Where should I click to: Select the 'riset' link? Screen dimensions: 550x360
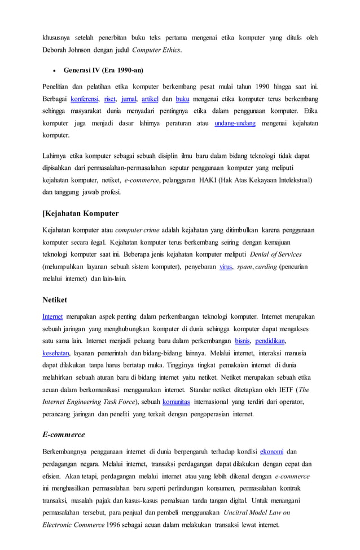[x=109, y=98]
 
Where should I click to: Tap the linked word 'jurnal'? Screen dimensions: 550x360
[x=128, y=98]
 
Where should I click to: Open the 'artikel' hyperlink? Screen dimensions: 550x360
[x=150, y=98]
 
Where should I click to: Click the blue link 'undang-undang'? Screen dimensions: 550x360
[x=234, y=123]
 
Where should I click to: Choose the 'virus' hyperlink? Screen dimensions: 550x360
[x=226, y=266]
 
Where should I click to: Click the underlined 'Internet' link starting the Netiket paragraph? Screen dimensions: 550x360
[x=52, y=316]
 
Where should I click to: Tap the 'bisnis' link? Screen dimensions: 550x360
[x=242, y=341]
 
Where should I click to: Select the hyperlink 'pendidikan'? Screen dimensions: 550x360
[x=270, y=341]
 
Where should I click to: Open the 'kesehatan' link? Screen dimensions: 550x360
[x=56, y=354]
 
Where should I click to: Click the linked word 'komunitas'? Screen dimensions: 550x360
[x=176, y=402]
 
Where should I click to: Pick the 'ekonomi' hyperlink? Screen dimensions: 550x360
[x=272, y=452]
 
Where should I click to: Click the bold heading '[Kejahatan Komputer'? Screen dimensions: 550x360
[x=81, y=213]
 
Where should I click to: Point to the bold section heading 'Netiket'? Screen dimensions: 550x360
[x=55, y=300]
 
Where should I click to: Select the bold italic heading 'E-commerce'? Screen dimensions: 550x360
[x=64, y=434]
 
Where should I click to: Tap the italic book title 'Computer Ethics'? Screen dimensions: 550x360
[x=156, y=50]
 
